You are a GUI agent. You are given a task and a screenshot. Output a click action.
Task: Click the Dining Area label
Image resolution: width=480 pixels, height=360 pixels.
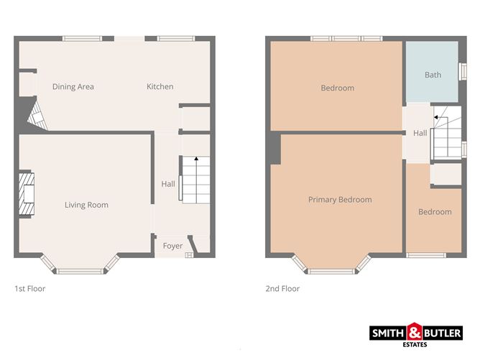(73, 87)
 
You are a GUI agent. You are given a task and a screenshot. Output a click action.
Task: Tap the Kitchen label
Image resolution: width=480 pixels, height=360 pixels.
(160, 87)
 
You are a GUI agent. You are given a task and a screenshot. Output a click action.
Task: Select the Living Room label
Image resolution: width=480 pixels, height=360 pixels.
(86, 205)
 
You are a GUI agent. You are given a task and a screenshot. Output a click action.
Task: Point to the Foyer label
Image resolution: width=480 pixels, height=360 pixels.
(172, 246)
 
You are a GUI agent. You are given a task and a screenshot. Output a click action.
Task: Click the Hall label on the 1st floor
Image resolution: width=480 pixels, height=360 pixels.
(168, 184)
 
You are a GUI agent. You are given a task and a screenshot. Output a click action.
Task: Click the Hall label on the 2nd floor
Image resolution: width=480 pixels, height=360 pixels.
(420, 133)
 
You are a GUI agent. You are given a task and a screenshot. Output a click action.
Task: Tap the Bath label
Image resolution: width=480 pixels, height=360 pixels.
(433, 75)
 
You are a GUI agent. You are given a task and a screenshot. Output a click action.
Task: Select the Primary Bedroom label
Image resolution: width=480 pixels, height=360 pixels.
(340, 200)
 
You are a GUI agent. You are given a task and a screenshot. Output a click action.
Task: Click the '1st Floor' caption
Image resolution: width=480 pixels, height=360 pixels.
(30, 289)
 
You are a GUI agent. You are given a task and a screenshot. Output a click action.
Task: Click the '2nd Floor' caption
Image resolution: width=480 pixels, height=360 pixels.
(282, 289)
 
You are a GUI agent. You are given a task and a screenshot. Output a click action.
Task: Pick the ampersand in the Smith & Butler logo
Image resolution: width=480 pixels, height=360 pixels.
(417, 333)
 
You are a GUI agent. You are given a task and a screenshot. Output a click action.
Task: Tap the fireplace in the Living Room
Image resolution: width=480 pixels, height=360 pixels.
(26, 194)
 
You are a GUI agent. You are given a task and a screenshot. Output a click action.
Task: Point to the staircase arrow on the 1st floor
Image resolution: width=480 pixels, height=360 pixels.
(196, 158)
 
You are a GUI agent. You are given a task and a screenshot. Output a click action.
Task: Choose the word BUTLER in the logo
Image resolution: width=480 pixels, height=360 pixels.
(444, 333)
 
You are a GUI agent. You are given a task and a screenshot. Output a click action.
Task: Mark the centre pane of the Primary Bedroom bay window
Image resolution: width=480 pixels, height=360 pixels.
(331, 271)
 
